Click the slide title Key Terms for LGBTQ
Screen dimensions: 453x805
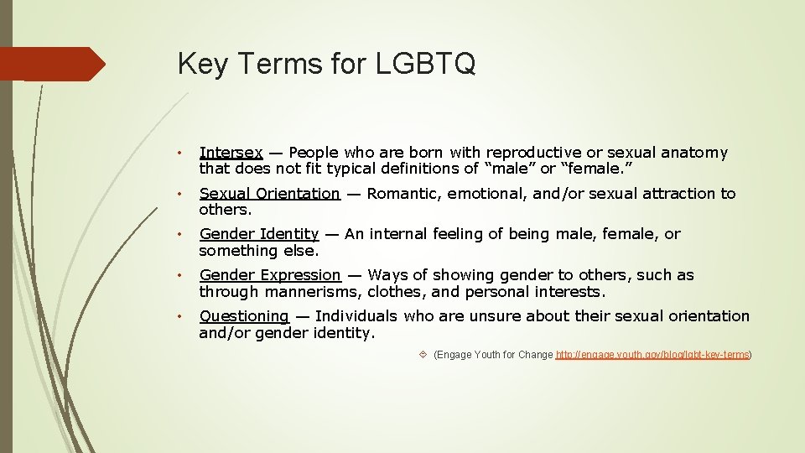[x=326, y=64]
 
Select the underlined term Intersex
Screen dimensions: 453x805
[x=231, y=153]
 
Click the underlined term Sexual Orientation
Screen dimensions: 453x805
[x=269, y=194]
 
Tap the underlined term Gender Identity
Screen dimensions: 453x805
[x=258, y=234]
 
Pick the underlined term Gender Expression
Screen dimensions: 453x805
[x=269, y=275]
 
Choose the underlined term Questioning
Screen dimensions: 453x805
[x=243, y=316]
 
